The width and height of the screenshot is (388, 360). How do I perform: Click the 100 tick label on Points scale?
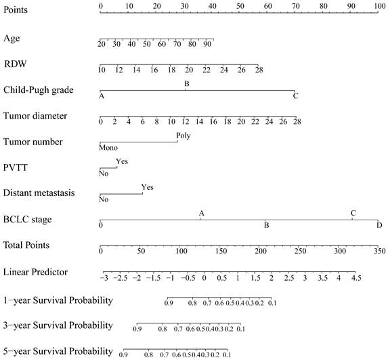tap(380, 6)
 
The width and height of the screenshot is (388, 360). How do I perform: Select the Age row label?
tap(12, 39)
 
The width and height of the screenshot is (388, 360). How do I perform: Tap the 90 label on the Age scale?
tap(207, 44)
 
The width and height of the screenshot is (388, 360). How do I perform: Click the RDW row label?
tap(16, 64)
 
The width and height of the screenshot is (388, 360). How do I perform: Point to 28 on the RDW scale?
tap(259, 70)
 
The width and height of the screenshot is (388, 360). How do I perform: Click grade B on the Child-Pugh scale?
tap(187, 84)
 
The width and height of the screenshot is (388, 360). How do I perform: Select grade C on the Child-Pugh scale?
tap(295, 96)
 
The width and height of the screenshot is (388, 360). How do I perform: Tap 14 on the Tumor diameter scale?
tap(199, 122)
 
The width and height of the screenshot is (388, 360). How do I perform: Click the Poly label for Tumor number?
tap(184, 136)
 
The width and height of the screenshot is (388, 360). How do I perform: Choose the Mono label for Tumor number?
tap(108, 148)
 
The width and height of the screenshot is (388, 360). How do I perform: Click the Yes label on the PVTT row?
tap(122, 161)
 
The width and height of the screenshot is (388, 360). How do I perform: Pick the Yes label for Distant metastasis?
tap(148, 187)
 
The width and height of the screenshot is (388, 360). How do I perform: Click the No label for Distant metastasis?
tap(104, 199)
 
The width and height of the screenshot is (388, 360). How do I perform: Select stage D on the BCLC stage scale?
tap(379, 226)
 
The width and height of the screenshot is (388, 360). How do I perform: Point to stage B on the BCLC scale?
tap(267, 226)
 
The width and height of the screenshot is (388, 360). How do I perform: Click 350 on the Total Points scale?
tap(380, 252)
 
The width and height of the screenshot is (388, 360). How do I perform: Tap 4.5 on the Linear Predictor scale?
tap(356, 278)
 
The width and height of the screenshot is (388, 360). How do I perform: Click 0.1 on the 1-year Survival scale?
tap(272, 303)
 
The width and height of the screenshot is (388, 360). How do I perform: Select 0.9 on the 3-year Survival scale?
tap(137, 329)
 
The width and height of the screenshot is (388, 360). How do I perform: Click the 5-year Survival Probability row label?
tap(58, 351)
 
